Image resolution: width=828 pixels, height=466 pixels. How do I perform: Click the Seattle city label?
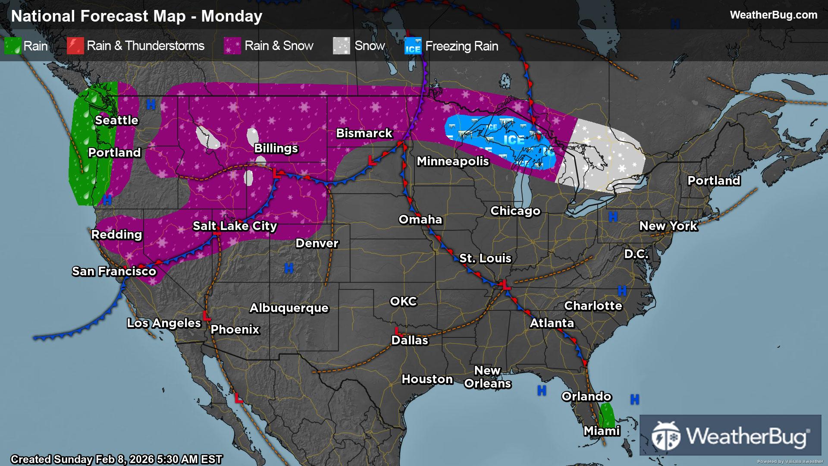[x=116, y=120]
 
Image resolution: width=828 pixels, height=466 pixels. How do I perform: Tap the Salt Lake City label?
[x=235, y=226]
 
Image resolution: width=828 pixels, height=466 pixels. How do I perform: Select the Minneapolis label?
[x=452, y=161]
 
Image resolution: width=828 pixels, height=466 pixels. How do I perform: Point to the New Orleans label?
[x=487, y=377]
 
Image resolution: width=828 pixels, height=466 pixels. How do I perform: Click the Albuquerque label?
[x=289, y=308]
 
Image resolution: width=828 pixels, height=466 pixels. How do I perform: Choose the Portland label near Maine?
[x=714, y=181]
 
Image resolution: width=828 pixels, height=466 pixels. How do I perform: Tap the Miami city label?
[x=602, y=431]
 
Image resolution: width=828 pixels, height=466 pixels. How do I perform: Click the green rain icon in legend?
[x=13, y=46]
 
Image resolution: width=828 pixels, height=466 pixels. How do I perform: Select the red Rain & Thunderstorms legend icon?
[x=75, y=46]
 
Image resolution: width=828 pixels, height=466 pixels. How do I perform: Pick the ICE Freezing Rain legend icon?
[x=413, y=46]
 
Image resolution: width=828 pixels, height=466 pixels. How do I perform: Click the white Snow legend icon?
[x=341, y=46]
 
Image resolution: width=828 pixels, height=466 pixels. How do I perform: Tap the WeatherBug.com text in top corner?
[x=773, y=15]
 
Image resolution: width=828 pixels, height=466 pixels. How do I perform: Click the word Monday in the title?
[x=232, y=16]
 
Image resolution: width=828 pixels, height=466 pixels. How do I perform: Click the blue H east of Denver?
[x=289, y=268]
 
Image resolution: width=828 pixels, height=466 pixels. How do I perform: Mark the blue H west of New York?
[x=613, y=217]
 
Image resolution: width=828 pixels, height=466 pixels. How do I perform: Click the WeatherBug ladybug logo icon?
[x=666, y=436]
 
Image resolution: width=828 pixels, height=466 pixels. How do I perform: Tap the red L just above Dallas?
[x=397, y=331]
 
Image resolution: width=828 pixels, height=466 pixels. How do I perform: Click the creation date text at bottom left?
[x=116, y=460]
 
